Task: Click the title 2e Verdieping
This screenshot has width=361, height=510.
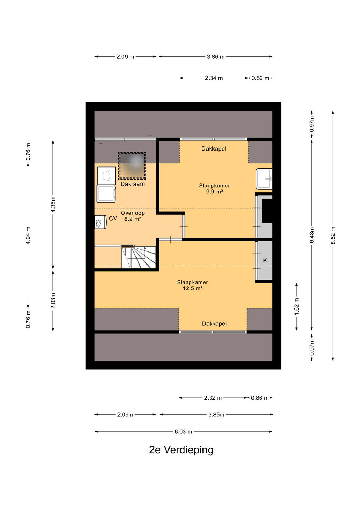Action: (x=181, y=450)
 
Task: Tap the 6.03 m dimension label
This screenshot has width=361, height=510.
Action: (x=183, y=432)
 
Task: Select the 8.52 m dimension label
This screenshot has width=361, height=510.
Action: (x=333, y=236)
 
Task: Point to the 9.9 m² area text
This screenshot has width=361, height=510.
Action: (x=215, y=192)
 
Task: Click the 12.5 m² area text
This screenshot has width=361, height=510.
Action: (x=193, y=288)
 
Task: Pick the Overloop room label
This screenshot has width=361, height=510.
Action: (x=133, y=213)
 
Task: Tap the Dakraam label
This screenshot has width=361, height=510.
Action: (x=132, y=184)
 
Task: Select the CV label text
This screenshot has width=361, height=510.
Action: (x=113, y=219)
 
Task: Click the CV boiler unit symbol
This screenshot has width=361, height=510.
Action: (x=100, y=222)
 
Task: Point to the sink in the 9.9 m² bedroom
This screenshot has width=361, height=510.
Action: (x=264, y=179)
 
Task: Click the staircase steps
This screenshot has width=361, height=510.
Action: (x=139, y=257)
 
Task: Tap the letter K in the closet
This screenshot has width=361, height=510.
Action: (x=265, y=260)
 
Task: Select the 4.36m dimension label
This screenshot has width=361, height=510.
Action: (x=53, y=204)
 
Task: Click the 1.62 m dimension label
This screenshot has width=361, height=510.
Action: (x=296, y=306)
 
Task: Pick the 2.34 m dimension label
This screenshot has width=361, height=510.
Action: (x=214, y=78)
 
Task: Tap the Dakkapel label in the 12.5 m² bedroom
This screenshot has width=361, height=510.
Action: (x=214, y=324)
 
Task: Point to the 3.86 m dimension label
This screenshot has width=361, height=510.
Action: (x=216, y=57)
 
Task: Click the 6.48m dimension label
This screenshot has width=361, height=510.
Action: (x=312, y=235)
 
